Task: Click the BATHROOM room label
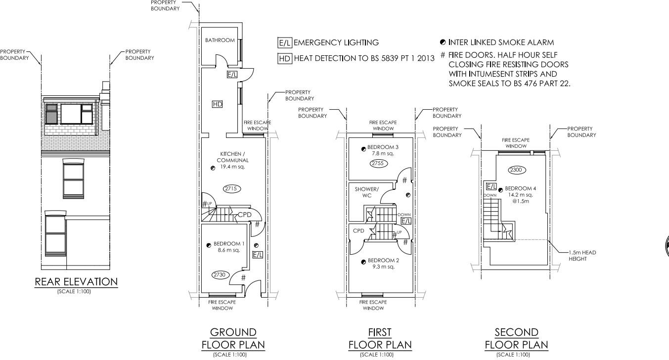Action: coord(220,40)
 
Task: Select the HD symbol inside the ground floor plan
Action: coord(217,104)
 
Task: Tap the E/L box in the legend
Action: coord(285,43)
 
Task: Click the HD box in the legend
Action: coord(285,58)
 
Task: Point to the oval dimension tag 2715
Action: coord(232,189)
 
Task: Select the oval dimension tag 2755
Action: coord(379,163)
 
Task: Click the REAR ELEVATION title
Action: coord(76,282)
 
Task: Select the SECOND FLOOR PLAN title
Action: coord(516,338)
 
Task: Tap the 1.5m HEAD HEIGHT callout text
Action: coord(582,256)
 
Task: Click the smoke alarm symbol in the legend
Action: coord(443,43)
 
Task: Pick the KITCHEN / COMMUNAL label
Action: coord(234,157)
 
